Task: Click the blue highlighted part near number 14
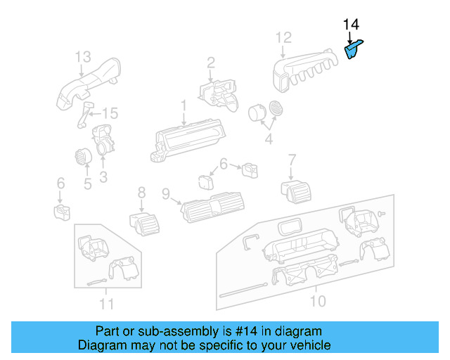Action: click(353, 50)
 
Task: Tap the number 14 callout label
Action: click(351, 26)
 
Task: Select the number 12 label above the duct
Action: click(283, 38)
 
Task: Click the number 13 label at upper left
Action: click(83, 56)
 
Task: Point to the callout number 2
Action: click(210, 64)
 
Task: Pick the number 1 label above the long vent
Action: click(184, 106)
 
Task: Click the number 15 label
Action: click(110, 114)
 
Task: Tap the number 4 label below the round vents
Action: click(268, 140)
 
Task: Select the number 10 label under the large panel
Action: click(318, 301)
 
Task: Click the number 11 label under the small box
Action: click(106, 304)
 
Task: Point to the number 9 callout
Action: click(166, 193)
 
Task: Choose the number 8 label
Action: click(141, 191)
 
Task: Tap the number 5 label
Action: click(88, 185)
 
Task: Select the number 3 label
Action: click(103, 178)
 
